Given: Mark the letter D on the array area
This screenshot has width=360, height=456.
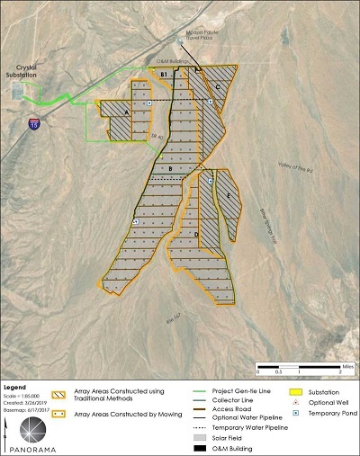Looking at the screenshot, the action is pos(196,235).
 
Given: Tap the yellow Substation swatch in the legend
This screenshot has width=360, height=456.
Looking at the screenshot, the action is pos(281,390).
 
